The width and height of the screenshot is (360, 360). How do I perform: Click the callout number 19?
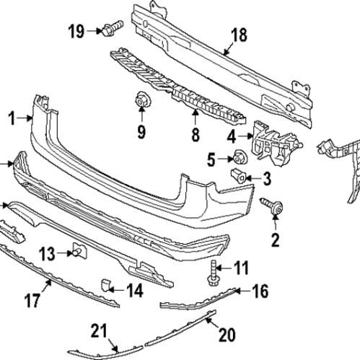tap(76, 30)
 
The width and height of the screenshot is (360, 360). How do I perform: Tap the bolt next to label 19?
tap(111, 30)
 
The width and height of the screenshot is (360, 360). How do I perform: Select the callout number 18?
tap(238, 36)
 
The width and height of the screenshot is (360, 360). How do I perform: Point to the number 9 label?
tap(141, 131)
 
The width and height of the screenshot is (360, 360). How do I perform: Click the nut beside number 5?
tap(236, 157)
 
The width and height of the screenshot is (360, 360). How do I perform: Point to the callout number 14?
tap(134, 291)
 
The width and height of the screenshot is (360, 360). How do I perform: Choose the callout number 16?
tap(260, 291)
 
